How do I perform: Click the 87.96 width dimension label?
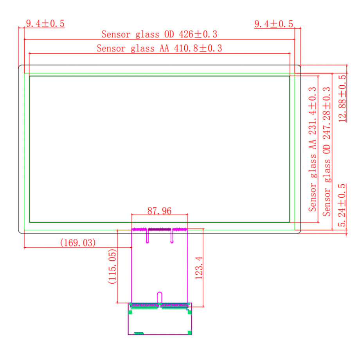point(159,211)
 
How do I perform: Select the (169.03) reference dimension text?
point(78,243)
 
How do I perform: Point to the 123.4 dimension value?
point(199,268)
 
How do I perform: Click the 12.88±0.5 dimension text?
point(342,99)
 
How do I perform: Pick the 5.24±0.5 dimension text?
point(342,205)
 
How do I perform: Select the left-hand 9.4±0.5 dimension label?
point(45,23)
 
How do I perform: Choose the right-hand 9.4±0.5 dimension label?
point(274,24)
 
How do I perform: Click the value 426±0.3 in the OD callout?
point(198,34)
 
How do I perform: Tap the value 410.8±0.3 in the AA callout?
point(198,48)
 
